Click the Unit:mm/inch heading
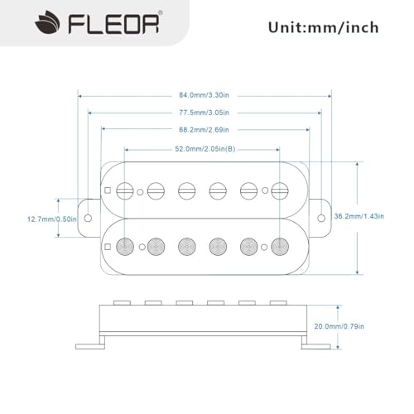pos(323,27)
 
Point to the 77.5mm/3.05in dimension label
pos(204,111)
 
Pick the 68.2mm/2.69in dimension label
pos(204,129)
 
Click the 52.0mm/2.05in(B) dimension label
pos(204,148)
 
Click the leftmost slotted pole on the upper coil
pos(125,190)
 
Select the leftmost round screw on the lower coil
pos(125,246)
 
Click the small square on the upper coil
pos(108,190)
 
